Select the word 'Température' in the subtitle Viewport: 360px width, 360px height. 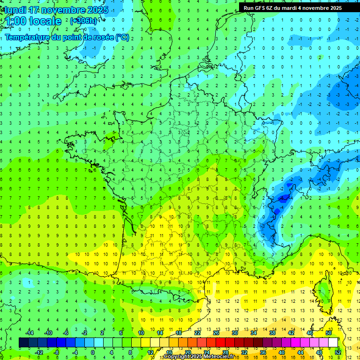point(26,37)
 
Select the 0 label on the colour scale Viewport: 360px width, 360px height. point(93,352)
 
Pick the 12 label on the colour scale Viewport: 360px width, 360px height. point(150,352)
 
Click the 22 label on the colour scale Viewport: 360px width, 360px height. point(197,333)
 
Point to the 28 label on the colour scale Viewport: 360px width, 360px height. point(225,352)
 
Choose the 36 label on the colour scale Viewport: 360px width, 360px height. point(263,352)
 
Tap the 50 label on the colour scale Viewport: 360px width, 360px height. point(329,333)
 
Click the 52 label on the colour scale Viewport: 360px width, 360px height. point(338,352)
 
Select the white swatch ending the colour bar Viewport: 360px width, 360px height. point(333,343)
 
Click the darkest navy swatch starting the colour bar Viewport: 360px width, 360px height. point(23,343)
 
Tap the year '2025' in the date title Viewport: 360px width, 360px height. point(97,10)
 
